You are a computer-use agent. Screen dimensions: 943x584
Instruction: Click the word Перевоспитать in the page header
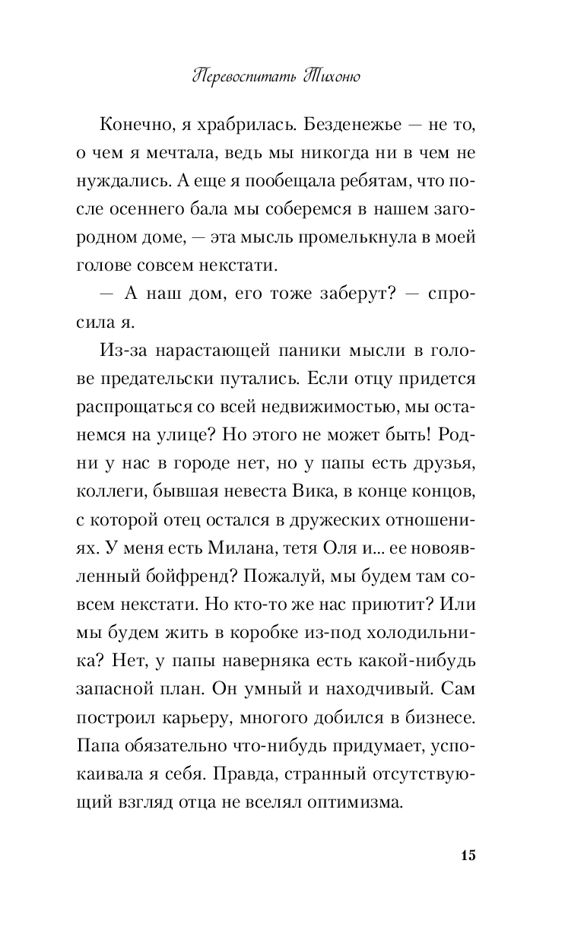click(242, 77)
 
